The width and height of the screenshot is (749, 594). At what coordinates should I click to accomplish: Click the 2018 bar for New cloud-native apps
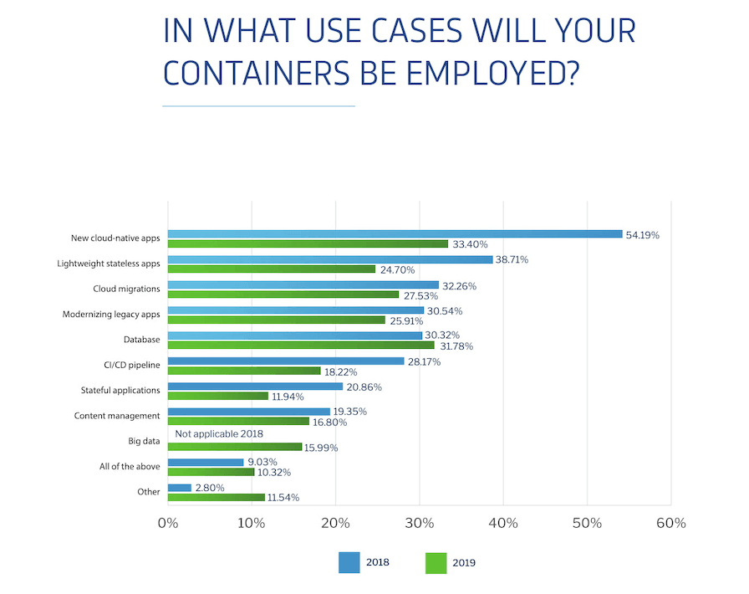pyautogui.click(x=395, y=234)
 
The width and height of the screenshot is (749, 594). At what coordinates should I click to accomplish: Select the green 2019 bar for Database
pyautogui.click(x=301, y=345)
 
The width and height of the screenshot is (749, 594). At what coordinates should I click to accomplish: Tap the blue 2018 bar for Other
pyautogui.click(x=180, y=487)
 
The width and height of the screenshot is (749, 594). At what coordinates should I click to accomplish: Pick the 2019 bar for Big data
pyautogui.click(x=234, y=447)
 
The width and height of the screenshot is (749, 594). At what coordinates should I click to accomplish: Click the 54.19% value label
pyautogui.click(x=643, y=235)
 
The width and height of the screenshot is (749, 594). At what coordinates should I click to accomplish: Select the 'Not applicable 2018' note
pyautogui.click(x=219, y=434)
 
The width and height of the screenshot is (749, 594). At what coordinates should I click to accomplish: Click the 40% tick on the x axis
pyautogui.click(x=503, y=524)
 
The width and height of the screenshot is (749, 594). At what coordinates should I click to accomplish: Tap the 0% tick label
pyautogui.click(x=168, y=524)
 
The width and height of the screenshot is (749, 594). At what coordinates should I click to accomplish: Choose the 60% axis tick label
pyautogui.click(x=670, y=524)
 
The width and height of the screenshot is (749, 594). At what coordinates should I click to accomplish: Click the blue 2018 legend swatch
pyautogui.click(x=349, y=562)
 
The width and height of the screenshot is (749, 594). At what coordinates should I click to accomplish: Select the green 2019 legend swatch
pyautogui.click(x=436, y=562)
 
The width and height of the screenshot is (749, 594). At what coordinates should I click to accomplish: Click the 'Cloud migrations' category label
pyautogui.click(x=126, y=289)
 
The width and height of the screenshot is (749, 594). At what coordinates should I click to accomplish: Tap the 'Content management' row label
pyautogui.click(x=117, y=416)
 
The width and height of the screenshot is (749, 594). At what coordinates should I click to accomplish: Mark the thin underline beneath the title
pyautogui.click(x=258, y=106)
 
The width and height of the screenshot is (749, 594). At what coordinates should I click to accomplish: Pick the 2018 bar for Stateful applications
pyautogui.click(x=255, y=387)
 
